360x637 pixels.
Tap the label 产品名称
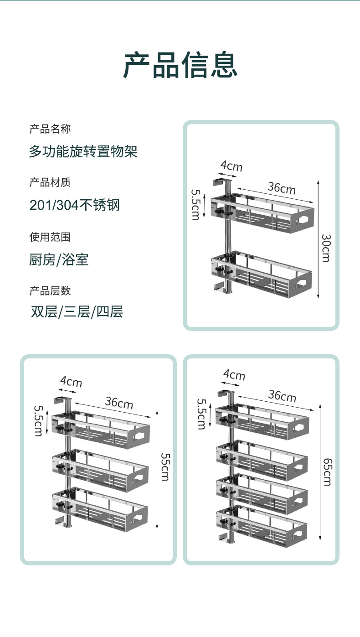50,129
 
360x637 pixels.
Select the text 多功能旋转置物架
83,151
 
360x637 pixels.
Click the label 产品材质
50,183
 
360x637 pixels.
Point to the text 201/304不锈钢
74,205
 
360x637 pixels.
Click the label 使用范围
50,237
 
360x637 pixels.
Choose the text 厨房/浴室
59,260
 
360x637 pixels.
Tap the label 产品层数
50,291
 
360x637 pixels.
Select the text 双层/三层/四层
77,312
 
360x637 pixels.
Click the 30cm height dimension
325,248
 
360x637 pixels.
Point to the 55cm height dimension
165,467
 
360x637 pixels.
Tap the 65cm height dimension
327,472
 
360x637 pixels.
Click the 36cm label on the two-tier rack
281,187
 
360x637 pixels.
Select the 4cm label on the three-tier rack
71,381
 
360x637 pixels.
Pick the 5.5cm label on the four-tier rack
201,414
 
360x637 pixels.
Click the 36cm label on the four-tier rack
282,396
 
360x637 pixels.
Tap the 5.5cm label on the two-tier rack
195,205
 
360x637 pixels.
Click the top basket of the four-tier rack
264,422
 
